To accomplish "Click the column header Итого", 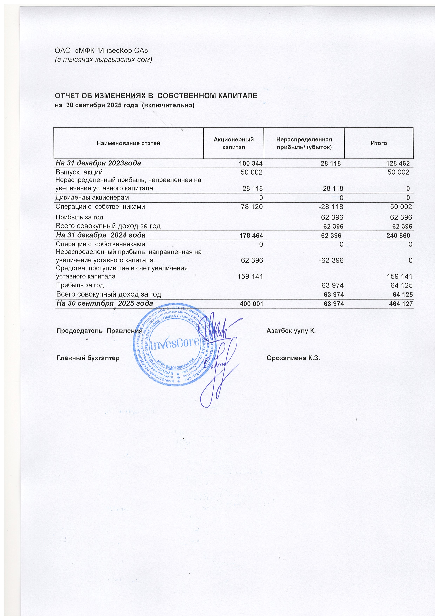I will coord(379,143).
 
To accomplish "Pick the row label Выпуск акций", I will coord(79,172).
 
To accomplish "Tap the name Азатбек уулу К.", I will coord(291,330).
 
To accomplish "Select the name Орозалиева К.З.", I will coord(293,358).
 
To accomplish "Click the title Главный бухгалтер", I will coord(88,358).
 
